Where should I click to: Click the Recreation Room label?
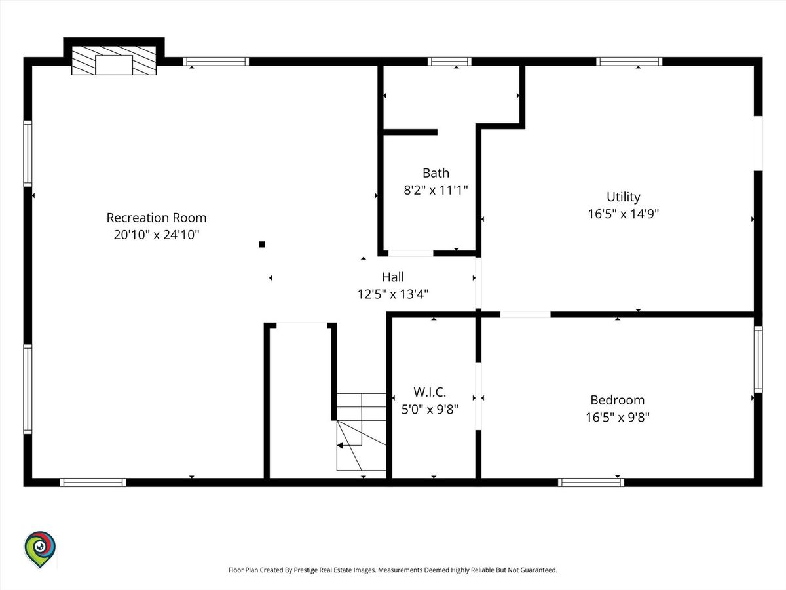pos(157,218)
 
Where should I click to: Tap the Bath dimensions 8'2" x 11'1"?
pos(436,190)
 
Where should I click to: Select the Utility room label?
pos(624,197)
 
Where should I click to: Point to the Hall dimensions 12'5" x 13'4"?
pos(393,294)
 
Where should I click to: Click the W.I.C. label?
pos(430,392)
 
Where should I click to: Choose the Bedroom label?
pos(618,400)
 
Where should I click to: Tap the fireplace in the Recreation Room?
pos(114,60)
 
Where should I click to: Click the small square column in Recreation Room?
pos(262,245)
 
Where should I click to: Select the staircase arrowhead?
pos(340,445)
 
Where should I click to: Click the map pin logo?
pos(40,549)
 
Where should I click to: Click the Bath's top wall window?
pos(449,62)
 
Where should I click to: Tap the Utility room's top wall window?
pos(629,62)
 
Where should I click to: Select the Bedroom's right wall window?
pos(758,359)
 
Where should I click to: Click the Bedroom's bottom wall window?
pos(591,482)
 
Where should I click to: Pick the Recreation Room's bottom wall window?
pos(93,482)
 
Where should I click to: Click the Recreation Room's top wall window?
pos(216,62)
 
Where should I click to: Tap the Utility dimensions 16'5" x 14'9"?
pos(624,214)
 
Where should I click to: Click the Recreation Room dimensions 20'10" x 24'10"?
pos(157,235)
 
